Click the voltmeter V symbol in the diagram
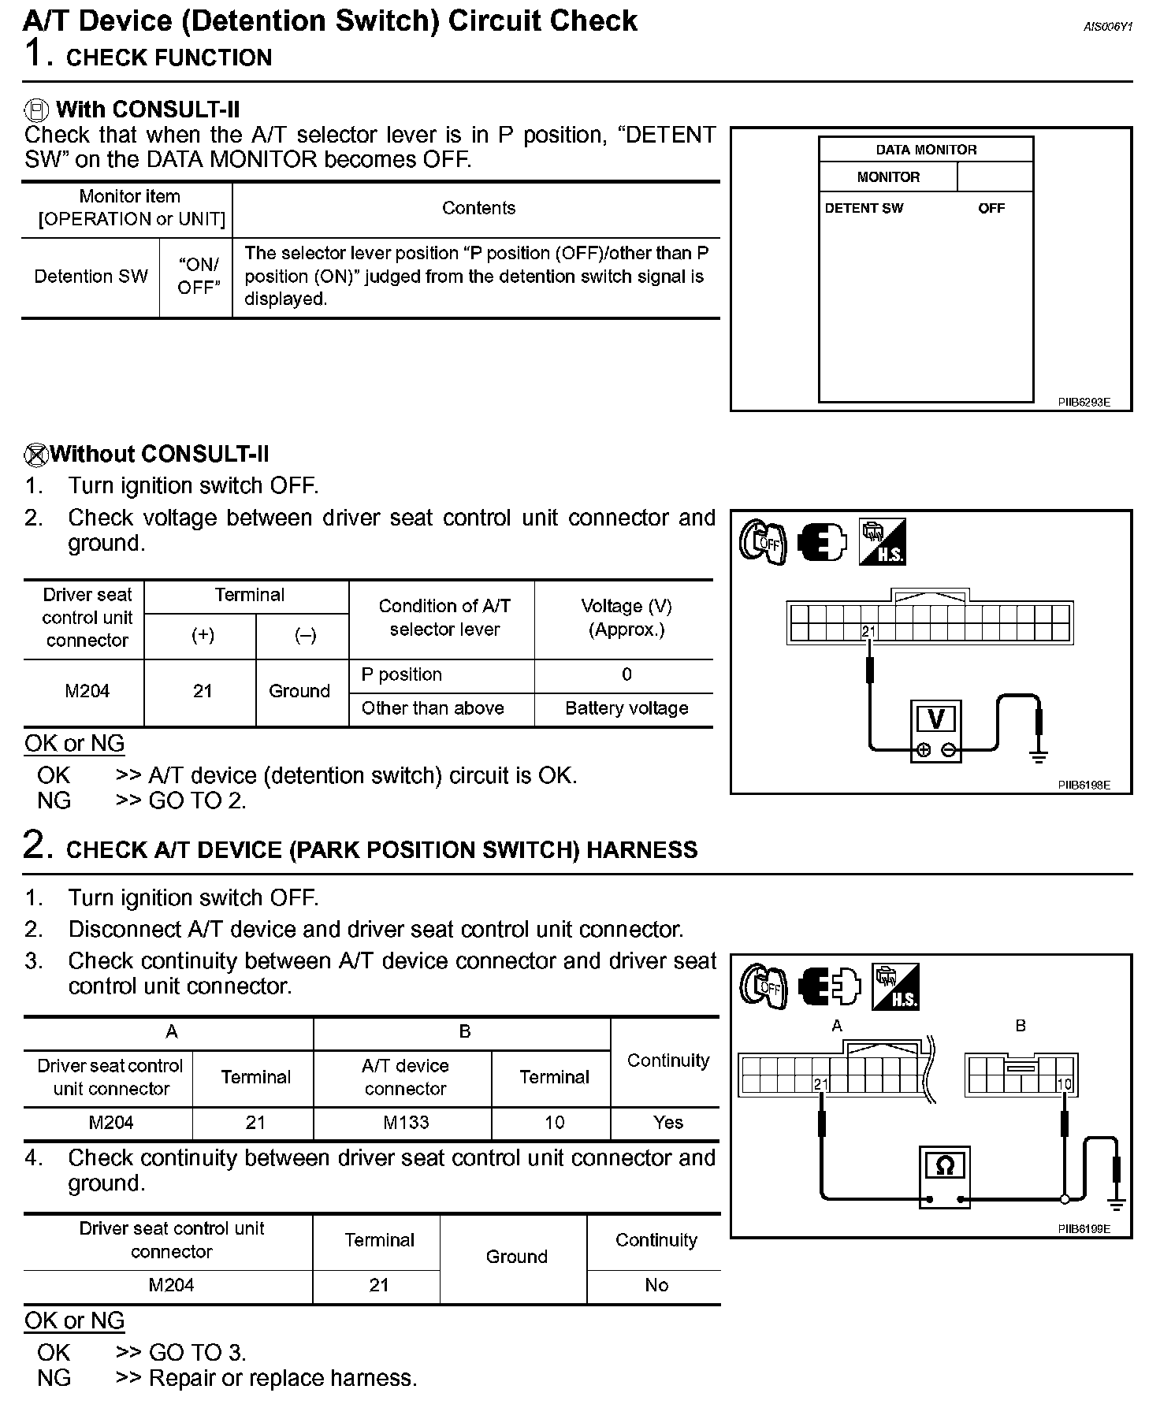(x=936, y=719)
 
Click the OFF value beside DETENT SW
(x=991, y=209)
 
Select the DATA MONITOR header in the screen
(x=926, y=150)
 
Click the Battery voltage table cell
(x=626, y=708)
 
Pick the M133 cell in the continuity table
(x=406, y=1123)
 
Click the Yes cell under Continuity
(x=668, y=1123)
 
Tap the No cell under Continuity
(x=656, y=1285)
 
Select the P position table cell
(x=401, y=674)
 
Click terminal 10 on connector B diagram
(x=1064, y=1084)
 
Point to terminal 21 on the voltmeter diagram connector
(x=868, y=631)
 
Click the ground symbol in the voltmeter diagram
(x=1039, y=757)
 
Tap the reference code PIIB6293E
(x=1084, y=402)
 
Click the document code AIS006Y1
(x=1107, y=27)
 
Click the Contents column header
(x=478, y=208)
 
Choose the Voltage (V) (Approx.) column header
(x=626, y=618)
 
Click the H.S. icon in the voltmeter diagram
(x=882, y=541)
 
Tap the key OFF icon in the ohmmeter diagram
(x=763, y=986)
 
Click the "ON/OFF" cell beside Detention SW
(x=197, y=277)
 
